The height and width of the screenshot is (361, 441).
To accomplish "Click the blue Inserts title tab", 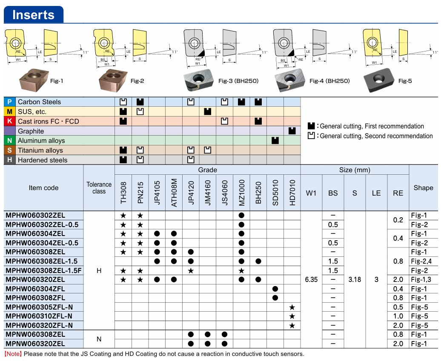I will [x=34, y=14].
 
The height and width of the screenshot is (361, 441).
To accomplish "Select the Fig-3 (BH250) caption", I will [x=238, y=81].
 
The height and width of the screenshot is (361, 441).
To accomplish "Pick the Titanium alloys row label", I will [x=40, y=151].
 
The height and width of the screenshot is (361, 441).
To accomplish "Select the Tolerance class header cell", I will [x=99, y=188].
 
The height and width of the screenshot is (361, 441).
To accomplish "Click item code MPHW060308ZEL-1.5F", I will [x=43, y=270].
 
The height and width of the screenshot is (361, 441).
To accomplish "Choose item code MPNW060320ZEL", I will [x=35, y=344].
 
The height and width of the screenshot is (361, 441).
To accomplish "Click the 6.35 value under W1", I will [x=311, y=280].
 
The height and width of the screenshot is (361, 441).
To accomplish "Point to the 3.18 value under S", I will [x=355, y=280].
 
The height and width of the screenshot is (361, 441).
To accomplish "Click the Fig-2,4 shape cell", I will [x=421, y=261].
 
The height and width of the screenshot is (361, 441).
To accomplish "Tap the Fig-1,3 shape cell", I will [x=421, y=279].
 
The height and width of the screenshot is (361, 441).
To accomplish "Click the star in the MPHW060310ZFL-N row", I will [x=292, y=316].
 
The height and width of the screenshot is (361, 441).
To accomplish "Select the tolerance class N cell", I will [x=99, y=339].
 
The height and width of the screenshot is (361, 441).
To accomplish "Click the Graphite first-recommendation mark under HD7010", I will [x=292, y=131].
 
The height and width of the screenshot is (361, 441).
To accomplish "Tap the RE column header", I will [x=398, y=193].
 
